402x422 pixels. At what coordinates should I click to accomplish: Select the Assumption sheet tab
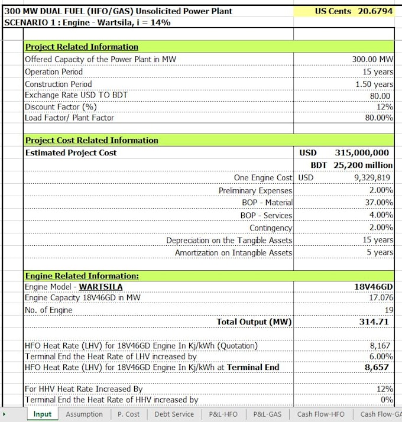[84, 414]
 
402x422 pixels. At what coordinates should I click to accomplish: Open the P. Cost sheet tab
[128, 414]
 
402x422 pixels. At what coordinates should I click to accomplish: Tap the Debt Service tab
[174, 414]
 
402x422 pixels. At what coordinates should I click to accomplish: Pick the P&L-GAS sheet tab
[267, 414]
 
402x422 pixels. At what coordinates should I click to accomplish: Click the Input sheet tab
[42, 414]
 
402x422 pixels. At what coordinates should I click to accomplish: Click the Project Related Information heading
[82, 47]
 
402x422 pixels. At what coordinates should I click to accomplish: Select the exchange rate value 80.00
[380, 96]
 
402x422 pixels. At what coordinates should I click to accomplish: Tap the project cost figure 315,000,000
[362, 152]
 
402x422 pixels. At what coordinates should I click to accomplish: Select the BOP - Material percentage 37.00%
[378, 202]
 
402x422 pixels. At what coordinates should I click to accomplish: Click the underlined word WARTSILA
[101, 287]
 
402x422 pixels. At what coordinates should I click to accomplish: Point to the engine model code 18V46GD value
[374, 287]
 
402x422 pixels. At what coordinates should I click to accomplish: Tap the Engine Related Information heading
[82, 275]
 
